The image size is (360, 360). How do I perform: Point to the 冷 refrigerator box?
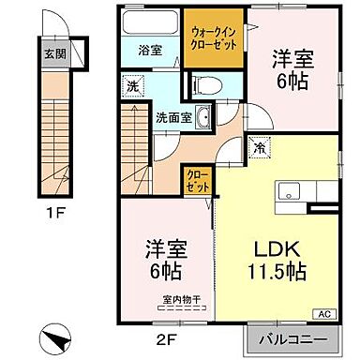(x=260, y=146)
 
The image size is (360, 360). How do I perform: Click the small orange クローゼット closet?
(x=196, y=180)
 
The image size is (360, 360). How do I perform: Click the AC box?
(x=324, y=315)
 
